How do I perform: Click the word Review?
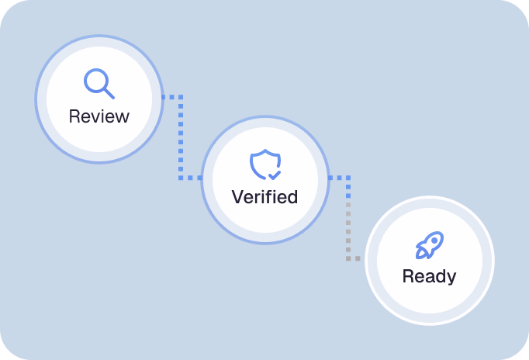99,116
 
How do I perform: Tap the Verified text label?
264,196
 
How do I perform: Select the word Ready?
429,275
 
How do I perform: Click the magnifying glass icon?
99,84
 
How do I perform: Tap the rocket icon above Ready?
429,244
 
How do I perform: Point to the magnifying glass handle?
109,93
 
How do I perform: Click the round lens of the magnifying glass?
95,80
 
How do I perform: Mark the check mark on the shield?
274,175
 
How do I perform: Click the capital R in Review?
74,116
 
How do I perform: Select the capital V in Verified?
237,196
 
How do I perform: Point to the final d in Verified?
292,196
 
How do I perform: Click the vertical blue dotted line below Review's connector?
181,140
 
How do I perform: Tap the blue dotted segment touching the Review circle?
171,97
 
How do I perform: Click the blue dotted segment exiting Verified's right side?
338,178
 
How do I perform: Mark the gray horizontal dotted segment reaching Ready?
354,258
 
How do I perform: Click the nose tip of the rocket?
440,234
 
